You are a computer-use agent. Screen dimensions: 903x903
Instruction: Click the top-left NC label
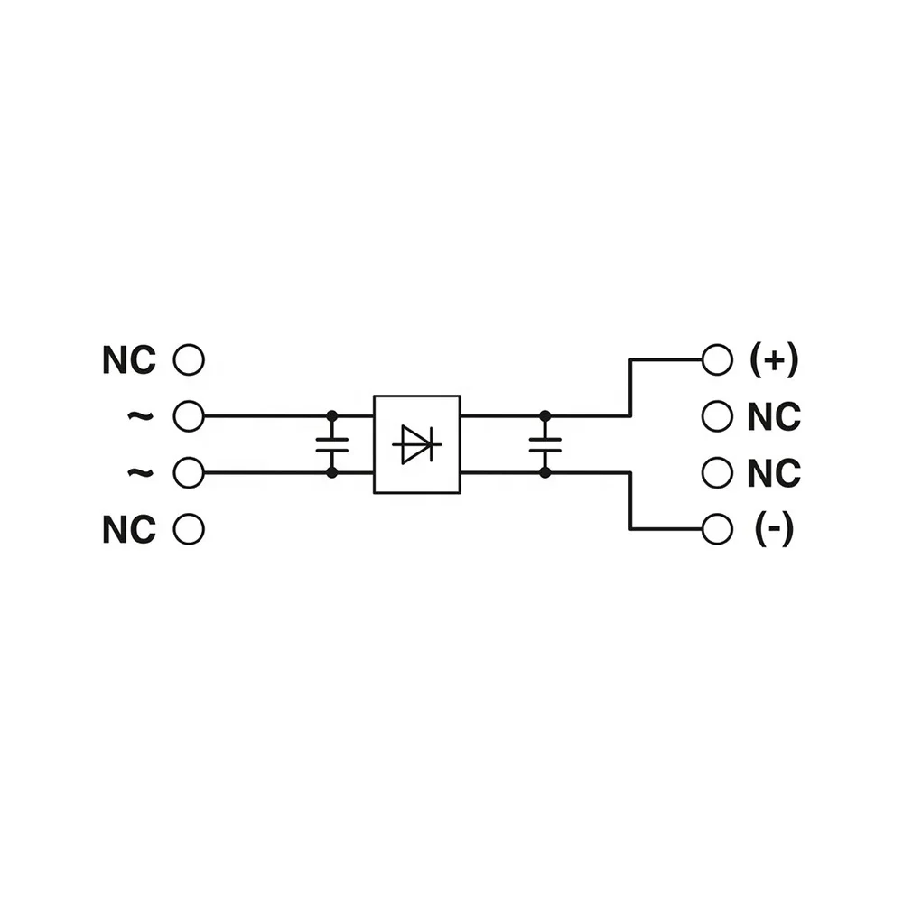click(x=129, y=360)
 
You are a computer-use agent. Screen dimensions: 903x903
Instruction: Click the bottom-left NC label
click(x=129, y=529)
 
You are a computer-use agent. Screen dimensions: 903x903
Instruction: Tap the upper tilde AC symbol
click(x=141, y=415)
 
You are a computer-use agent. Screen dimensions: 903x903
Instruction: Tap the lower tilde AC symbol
click(x=141, y=472)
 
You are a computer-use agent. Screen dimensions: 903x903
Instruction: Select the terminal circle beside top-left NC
click(x=189, y=360)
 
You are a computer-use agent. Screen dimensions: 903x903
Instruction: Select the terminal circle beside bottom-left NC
click(x=189, y=529)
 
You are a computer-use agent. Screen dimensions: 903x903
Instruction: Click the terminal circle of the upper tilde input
click(x=189, y=415)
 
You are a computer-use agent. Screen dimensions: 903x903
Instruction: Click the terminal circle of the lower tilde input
click(x=189, y=473)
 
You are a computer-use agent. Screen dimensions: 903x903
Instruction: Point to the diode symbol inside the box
click(x=417, y=444)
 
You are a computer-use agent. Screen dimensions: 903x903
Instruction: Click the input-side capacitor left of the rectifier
click(x=332, y=444)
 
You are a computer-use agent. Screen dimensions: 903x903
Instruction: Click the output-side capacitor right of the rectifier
click(x=545, y=444)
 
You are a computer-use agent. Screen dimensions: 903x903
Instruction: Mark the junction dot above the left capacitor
click(x=332, y=415)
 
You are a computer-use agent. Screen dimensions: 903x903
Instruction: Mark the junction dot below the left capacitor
click(x=332, y=473)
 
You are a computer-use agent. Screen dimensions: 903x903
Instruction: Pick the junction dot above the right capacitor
click(x=545, y=415)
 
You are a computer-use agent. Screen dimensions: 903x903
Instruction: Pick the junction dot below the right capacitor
click(x=545, y=473)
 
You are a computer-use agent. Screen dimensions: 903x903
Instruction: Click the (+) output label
click(x=774, y=360)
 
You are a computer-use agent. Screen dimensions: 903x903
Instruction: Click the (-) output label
click(x=774, y=529)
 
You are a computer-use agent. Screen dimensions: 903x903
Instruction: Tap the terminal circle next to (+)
click(x=718, y=360)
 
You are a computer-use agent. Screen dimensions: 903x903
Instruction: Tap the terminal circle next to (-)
click(x=718, y=529)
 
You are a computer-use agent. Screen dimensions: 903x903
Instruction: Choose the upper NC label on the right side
click(x=774, y=416)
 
